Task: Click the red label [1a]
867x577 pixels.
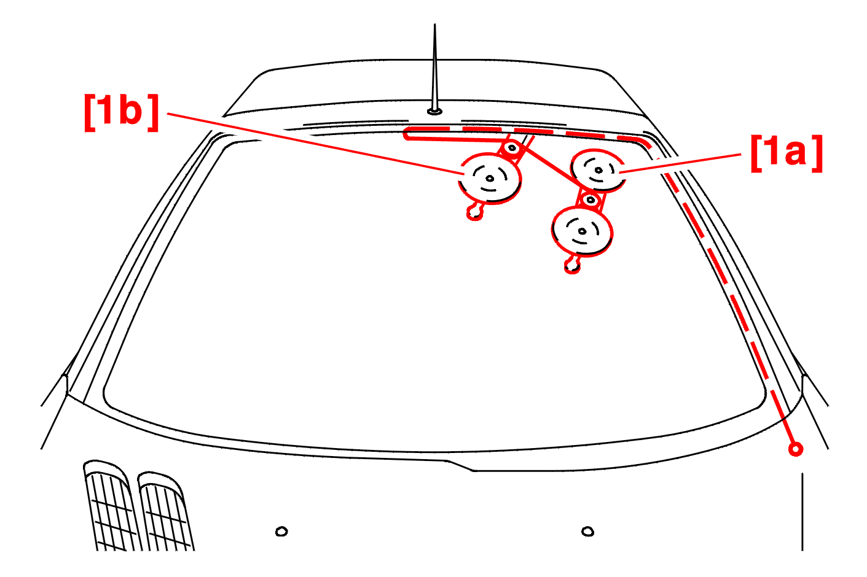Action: (786, 153)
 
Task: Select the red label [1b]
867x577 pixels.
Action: (121, 112)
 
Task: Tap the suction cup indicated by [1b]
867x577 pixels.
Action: (490, 178)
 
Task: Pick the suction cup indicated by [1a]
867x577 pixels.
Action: (598, 170)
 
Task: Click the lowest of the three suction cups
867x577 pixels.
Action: (582, 231)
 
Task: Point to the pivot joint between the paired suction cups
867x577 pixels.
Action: (590, 200)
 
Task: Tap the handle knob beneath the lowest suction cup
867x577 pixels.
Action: (573, 266)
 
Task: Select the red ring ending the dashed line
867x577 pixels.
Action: (796, 449)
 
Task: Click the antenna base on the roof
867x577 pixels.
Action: (434, 111)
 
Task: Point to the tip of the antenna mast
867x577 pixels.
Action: (435, 26)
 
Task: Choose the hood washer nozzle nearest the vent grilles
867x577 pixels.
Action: (281, 531)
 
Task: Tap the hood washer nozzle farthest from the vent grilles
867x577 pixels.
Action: (587, 531)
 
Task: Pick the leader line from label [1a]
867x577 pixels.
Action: (682, 163)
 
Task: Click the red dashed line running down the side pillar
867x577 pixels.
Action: (725, 282)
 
